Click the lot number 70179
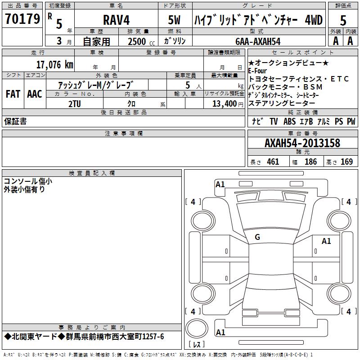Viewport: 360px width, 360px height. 22,18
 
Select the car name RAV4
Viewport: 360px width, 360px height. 116,20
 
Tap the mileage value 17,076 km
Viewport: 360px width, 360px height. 54,65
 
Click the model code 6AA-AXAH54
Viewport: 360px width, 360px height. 258,41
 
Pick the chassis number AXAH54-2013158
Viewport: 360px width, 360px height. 302,143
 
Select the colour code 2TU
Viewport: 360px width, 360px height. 75,104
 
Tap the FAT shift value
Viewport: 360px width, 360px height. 13,94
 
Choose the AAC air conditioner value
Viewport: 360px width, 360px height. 35,94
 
